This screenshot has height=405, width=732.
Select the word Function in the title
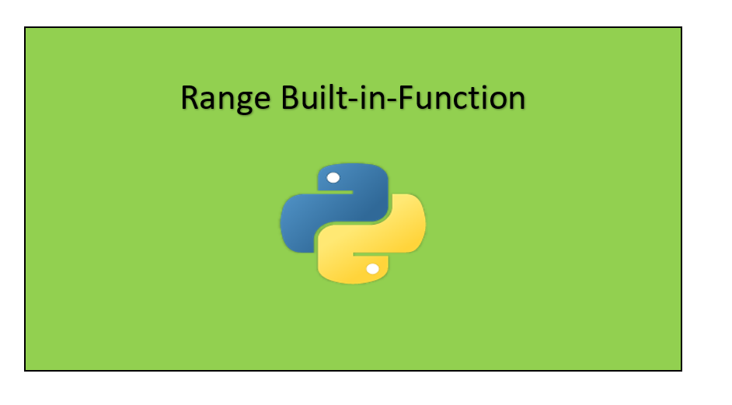pyautogui.click(x=465, y=99)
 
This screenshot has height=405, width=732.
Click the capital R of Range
pyautogui.click(x=190, y=99)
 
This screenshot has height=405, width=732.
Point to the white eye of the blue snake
pyautogui.click(x=333, y=178)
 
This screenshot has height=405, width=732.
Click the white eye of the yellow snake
pyautogui.click(x=372, y=269)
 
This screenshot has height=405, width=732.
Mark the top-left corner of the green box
pyautogui.click(x=25, y=28)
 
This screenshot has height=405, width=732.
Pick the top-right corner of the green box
pyautogui.click(x=681, y=28)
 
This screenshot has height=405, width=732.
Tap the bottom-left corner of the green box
pyautogui.click(x=25, y=370)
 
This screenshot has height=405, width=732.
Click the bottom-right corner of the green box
pyautogui.click(x=681, y=370)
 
